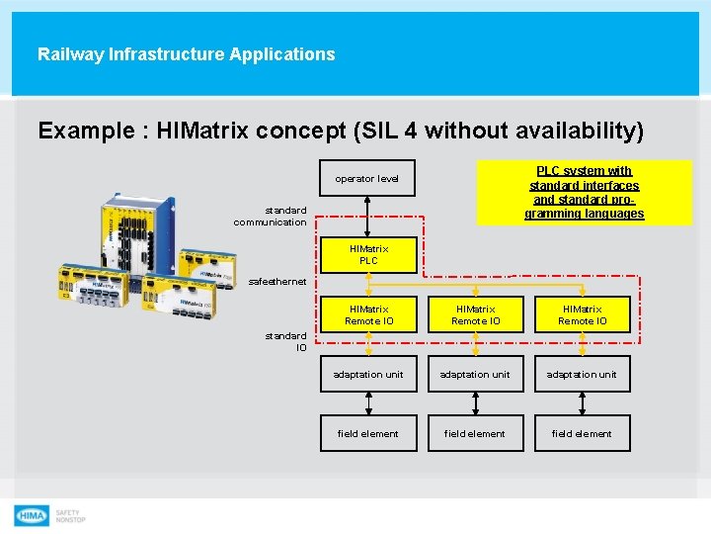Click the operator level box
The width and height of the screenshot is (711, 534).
pyautogui.click(x=367, y=179)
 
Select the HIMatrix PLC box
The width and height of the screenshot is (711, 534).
pyautogui.click(x=368, y=255)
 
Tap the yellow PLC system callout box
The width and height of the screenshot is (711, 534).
pyautogui.click(x=584, y=192)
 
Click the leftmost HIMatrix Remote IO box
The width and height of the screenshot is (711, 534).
pyautogui.click(x=368, y=314)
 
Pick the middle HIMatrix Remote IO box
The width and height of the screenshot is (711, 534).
pyautogui.click(x=476, y=314)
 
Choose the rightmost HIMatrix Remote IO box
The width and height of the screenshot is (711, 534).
pyautogui.click(x=583, y=314)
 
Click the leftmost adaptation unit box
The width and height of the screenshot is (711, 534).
pyautogui.click(x=368, y=375)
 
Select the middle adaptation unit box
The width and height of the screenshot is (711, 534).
pyautogui.click(x=476, y=375)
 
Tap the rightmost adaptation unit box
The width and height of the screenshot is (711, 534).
pyautogui.click(x=583, y=375)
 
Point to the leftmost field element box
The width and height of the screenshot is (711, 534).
pyautogui.click(x=368, y=433)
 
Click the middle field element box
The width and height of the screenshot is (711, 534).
pyautogui.click(x=475, y=433)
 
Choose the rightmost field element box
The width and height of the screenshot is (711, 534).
pyautogui.click(x=583, y=433)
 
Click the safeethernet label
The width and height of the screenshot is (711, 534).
pyautogui.click(x=277, y=282)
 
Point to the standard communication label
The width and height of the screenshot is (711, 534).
pyautogui.click(x=271, y=216)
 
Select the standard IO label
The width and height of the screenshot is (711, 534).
pyautogui.click(x=286, y=341)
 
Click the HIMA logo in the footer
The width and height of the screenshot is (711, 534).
pyautogui.click(x=32, y=515)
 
